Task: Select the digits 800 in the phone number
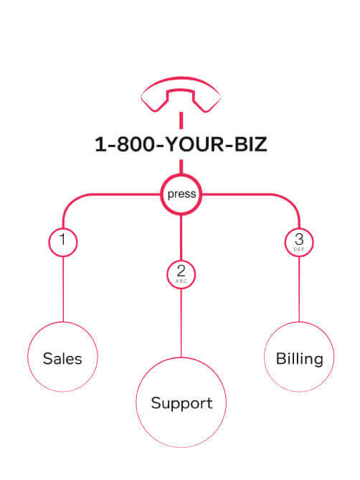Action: pos(136,144)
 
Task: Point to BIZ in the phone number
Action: pos(251,144)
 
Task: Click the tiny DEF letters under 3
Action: pos(299,250)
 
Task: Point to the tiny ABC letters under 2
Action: pos(181,281)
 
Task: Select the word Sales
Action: pos(62,359)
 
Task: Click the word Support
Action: pos(181,403)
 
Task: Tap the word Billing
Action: pos(300,359)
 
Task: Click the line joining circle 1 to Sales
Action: pos(63,289)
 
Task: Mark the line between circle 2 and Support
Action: pos(181,324)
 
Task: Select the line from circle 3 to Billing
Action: pos(299,289)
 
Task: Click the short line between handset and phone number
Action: pos(181,121)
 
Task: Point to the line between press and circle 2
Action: pos(181,237)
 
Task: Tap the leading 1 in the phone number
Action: pos(100,144)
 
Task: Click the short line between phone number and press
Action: pos(181,166)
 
